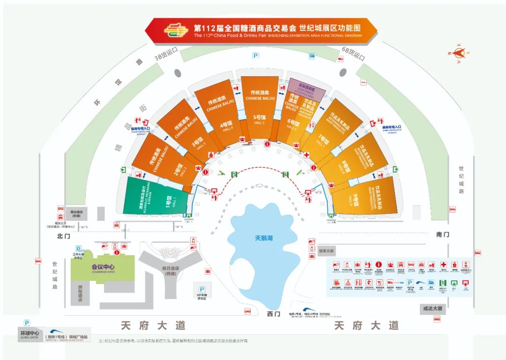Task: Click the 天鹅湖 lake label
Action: coord(263,238)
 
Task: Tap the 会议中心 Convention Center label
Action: coord(97,269)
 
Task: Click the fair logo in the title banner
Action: coord(176,31)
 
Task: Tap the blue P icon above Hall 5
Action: coord(256,56)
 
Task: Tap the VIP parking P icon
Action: coord(202,289)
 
